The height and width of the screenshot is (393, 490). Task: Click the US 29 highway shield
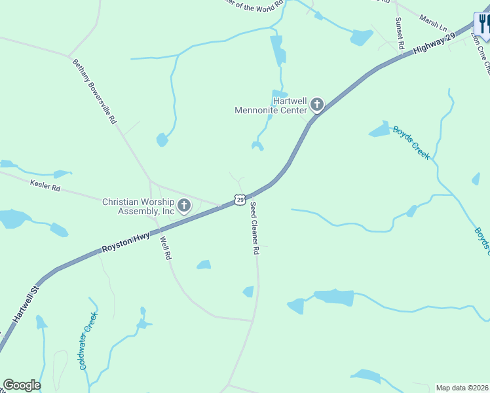point(240,199)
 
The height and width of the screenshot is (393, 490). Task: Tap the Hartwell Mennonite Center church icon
point(317,104)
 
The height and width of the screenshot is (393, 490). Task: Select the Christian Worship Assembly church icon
point(184,206)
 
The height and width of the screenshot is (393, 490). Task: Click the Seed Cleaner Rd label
point(255,227)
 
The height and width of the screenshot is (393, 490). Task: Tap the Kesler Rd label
point(45,187)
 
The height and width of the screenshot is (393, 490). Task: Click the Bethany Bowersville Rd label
point(94,92)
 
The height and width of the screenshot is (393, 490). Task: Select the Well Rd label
point(165,248)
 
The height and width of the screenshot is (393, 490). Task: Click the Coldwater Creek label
point(87,341)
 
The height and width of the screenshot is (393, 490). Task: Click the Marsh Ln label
point(432,25)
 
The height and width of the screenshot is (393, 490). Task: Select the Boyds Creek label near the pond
point(411,142)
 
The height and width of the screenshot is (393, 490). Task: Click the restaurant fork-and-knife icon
point(483,25)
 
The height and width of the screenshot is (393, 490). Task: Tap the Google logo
point(22,385)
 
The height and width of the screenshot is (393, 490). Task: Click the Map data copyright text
point(462,388)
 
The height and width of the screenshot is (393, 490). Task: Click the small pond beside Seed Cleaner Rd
point(248,291)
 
